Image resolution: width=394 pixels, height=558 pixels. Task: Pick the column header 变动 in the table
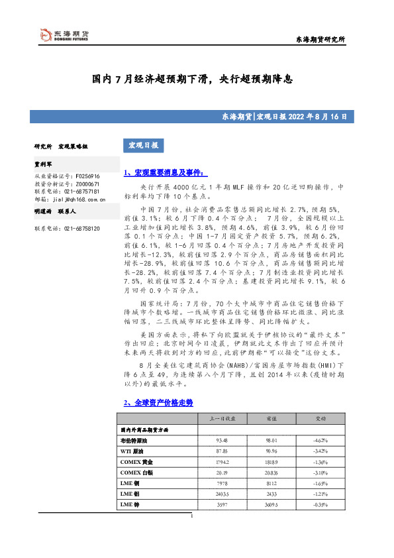coord(320,419)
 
